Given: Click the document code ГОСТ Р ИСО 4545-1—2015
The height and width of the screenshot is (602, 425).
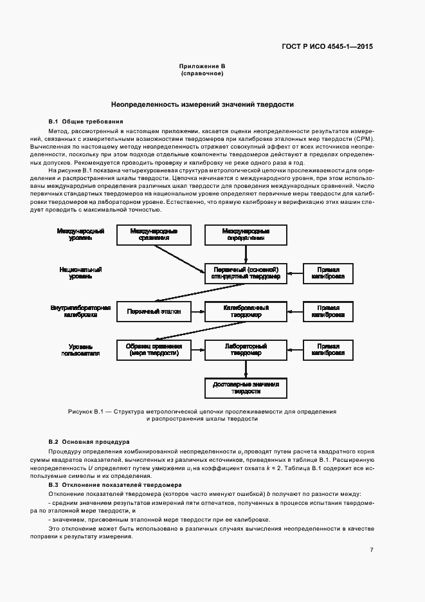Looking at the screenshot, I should point(328,47).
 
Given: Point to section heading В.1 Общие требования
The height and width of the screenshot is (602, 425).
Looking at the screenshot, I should point(86,122).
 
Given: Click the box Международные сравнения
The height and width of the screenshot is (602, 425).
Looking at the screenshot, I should point(154,235).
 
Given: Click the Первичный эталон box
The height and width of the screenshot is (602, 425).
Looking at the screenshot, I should point(154,312).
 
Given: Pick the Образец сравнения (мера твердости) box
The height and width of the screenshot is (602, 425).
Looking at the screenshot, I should point(154,350).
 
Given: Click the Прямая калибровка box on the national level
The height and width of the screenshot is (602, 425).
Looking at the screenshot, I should point(328,273).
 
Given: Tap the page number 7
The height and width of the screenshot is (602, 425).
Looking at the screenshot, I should point(372,550).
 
